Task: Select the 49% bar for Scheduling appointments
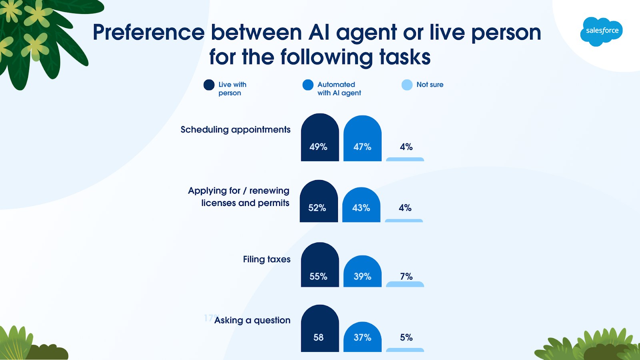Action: click(320, 138)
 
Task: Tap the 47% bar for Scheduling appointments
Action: click(362, 138)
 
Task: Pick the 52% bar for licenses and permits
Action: click(318, 201)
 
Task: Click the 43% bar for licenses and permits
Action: click(361, 204)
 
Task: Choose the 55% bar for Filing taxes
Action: click(320, 264)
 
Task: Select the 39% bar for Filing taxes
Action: click(362, 271)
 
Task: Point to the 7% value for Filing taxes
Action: click(406, 276)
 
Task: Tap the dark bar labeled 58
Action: click(320, 328)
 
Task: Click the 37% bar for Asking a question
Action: click(362, 337)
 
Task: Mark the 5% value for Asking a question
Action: click(406, 338)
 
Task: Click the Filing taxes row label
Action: click(266, 259)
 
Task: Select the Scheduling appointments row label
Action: click(236, 130)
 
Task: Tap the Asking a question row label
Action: click(252, 320)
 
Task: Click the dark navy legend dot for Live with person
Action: click(209, 85)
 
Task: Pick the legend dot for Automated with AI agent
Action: click(308, 85)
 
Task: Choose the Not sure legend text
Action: click(430, 84)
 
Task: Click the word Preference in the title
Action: click(149, 32)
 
